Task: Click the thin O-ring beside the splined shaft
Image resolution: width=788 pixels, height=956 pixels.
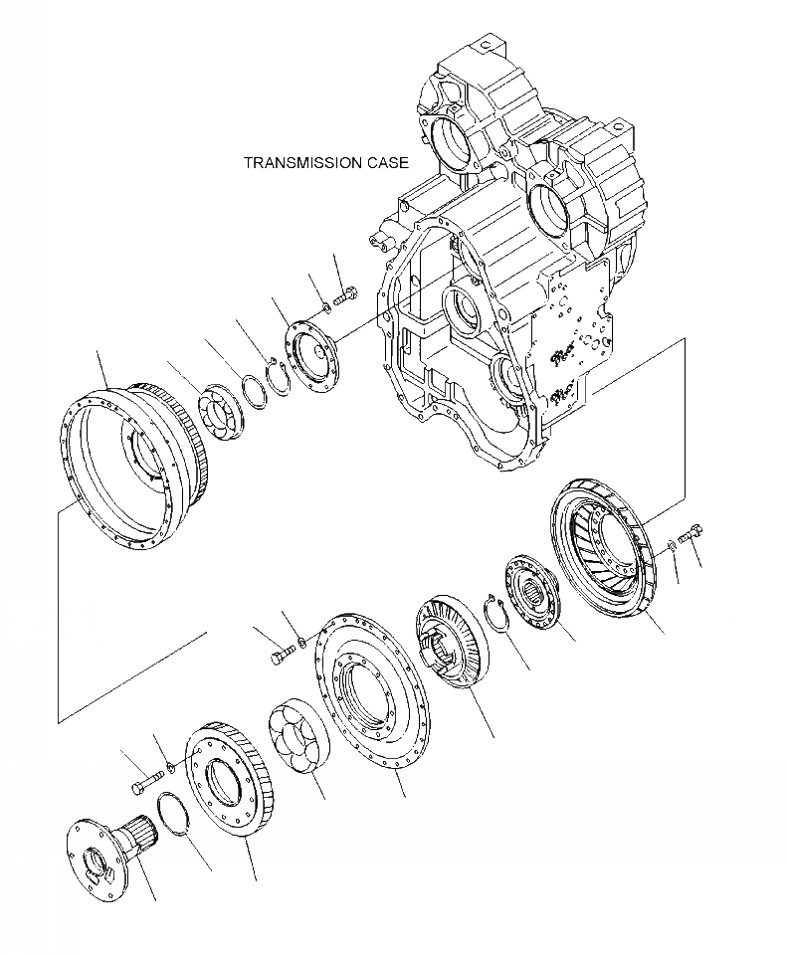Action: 180,816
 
